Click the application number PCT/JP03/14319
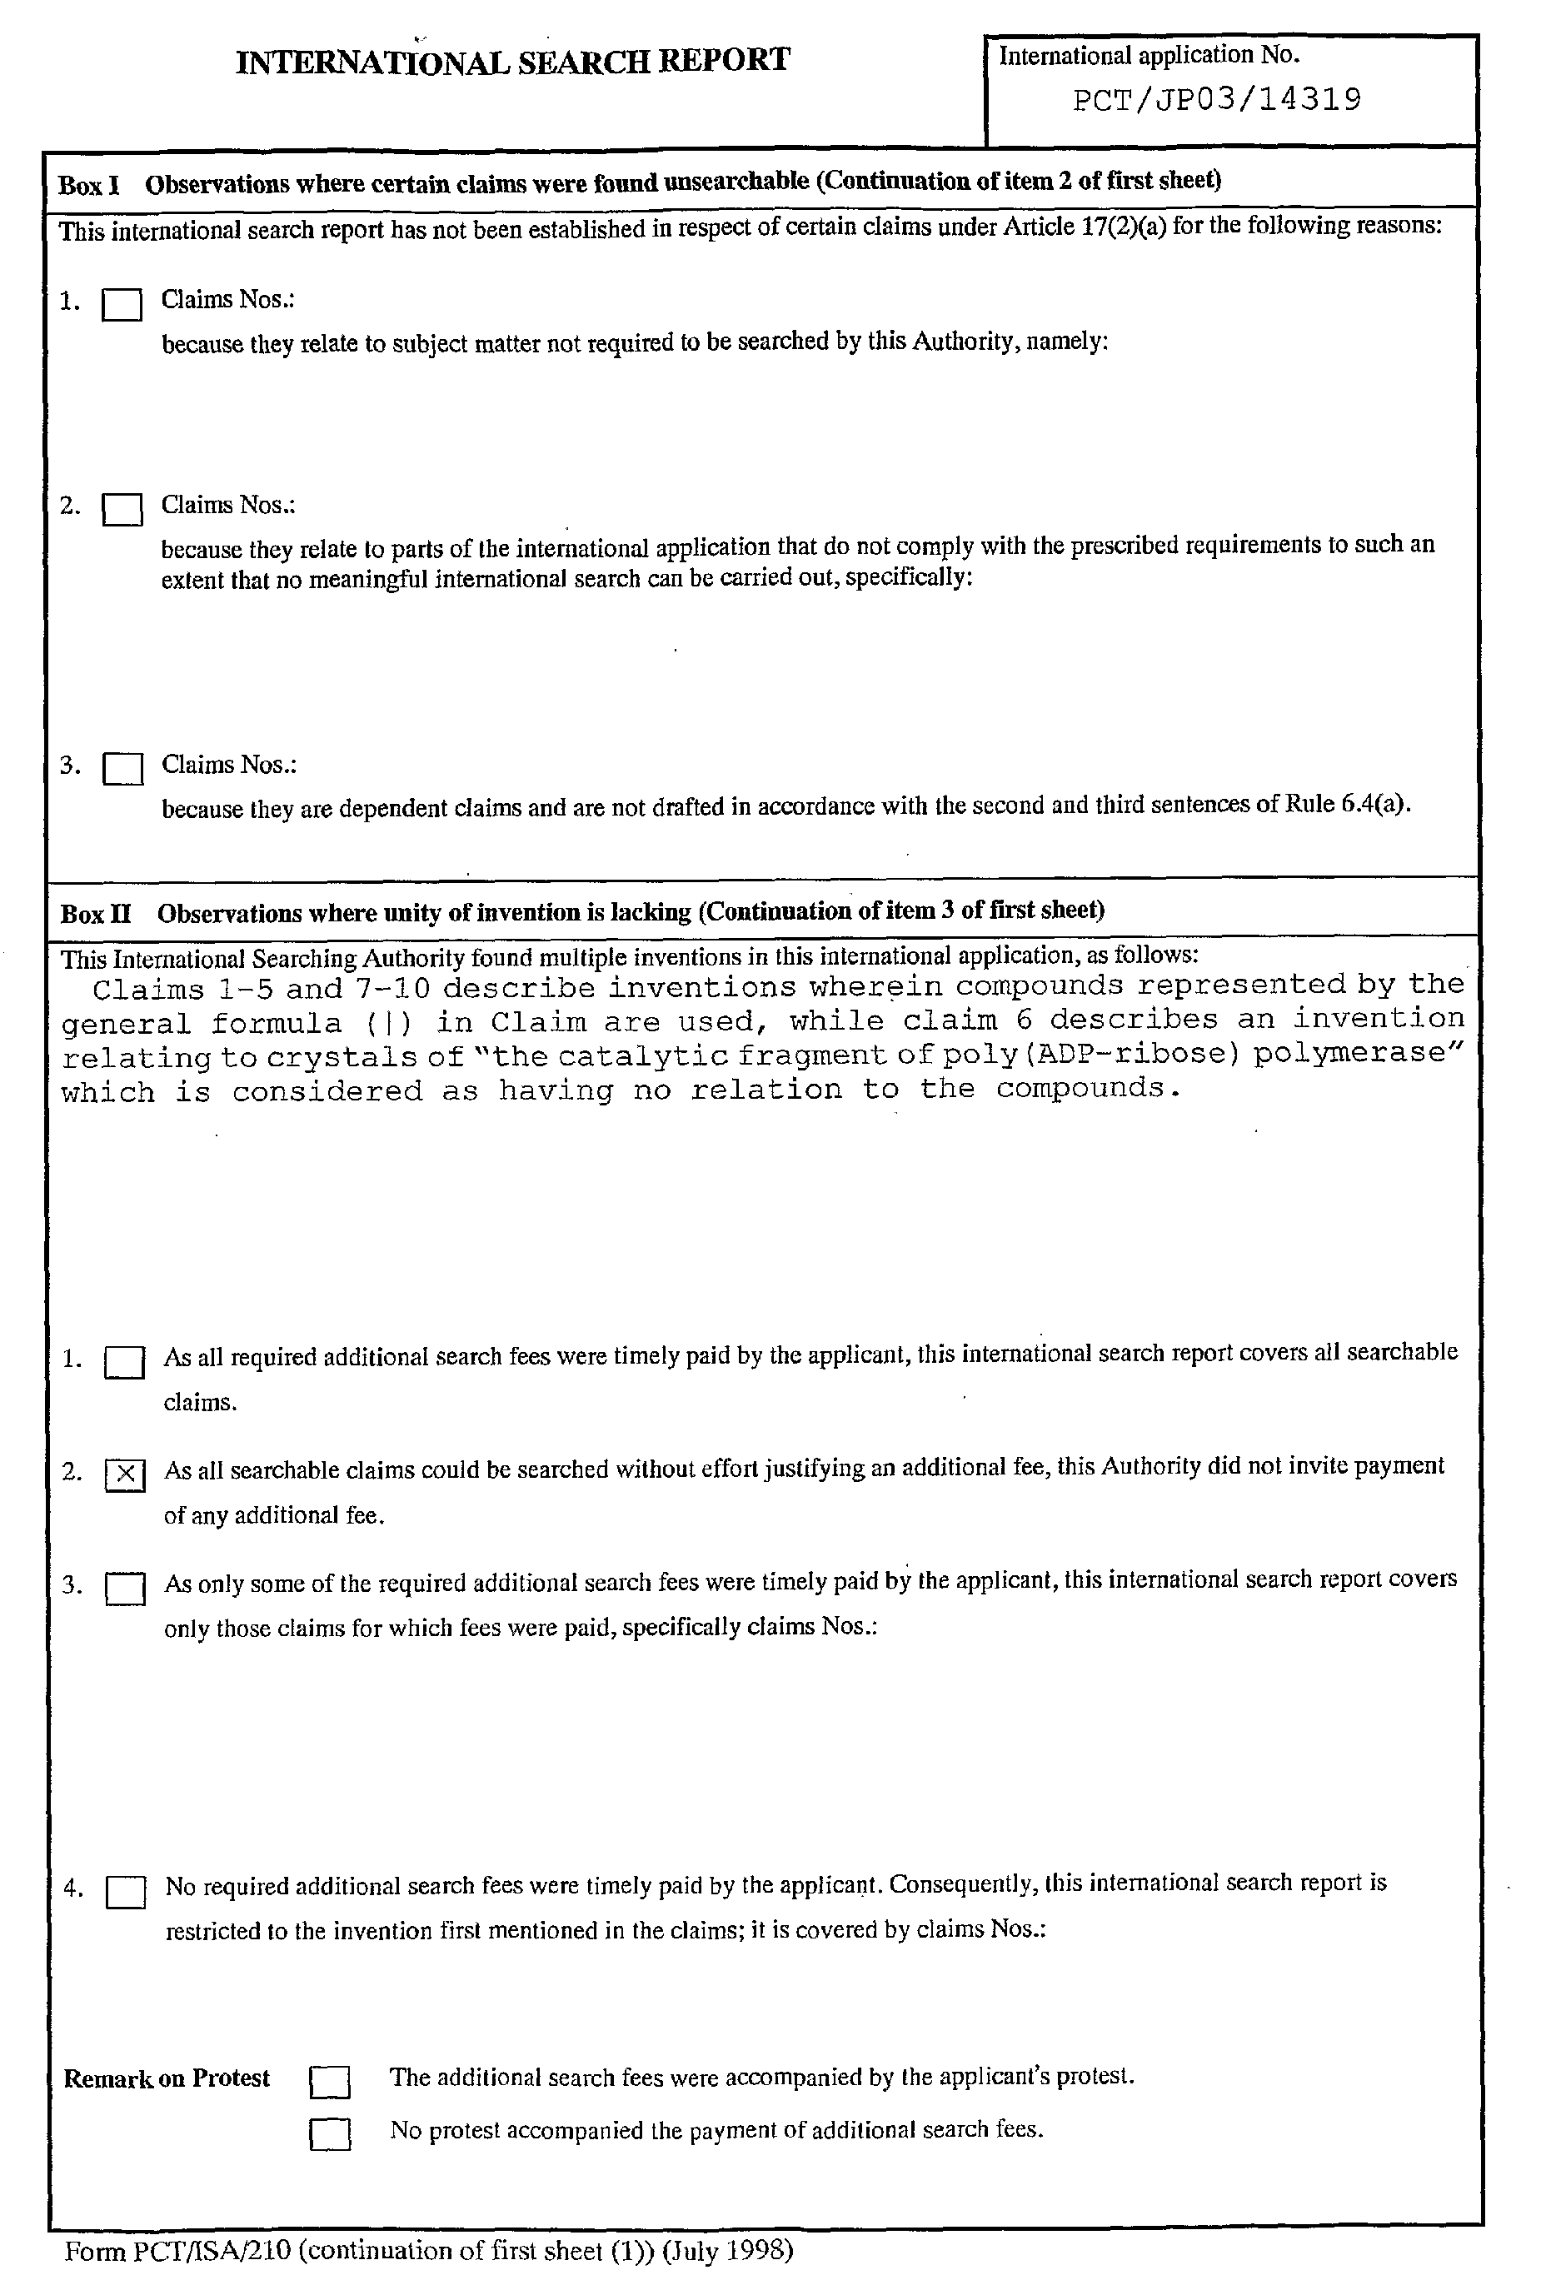[1216, 100]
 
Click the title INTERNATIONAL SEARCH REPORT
[512, 62]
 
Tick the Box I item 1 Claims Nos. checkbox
[122, 305]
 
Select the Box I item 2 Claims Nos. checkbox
[122, 509]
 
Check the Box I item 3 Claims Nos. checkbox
[123, 769]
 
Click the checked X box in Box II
[125, 1474]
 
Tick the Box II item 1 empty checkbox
[125, 1363]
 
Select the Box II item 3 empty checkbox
[125, 1589]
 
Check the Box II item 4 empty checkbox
[126, 1893]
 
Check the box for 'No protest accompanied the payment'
[330, 2133]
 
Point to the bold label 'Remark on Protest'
[167, 2078]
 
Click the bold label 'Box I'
[88, 185]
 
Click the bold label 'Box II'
[96, 915]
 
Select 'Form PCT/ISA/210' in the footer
[178, 2252]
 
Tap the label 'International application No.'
[1149, 56]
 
